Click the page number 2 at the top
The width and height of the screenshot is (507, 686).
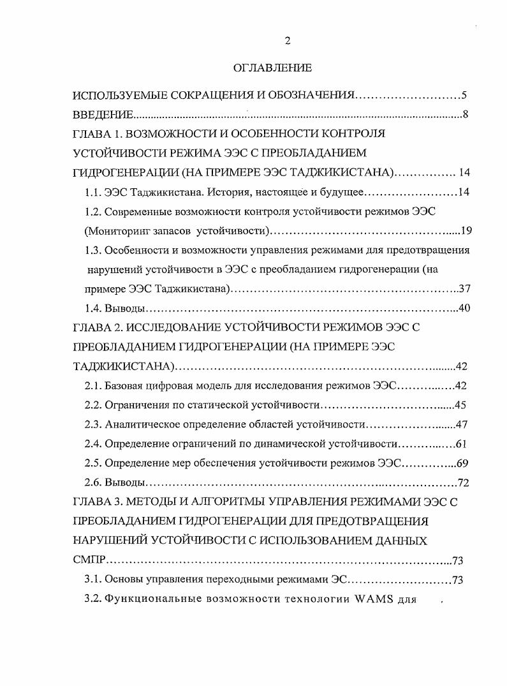[287, 41]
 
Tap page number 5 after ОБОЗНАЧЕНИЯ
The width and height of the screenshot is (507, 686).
[465, 96]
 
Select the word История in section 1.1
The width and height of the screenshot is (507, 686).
[205, 191]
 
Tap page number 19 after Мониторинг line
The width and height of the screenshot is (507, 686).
[464, 230]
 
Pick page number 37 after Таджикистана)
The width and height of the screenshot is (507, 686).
[464, 288]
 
